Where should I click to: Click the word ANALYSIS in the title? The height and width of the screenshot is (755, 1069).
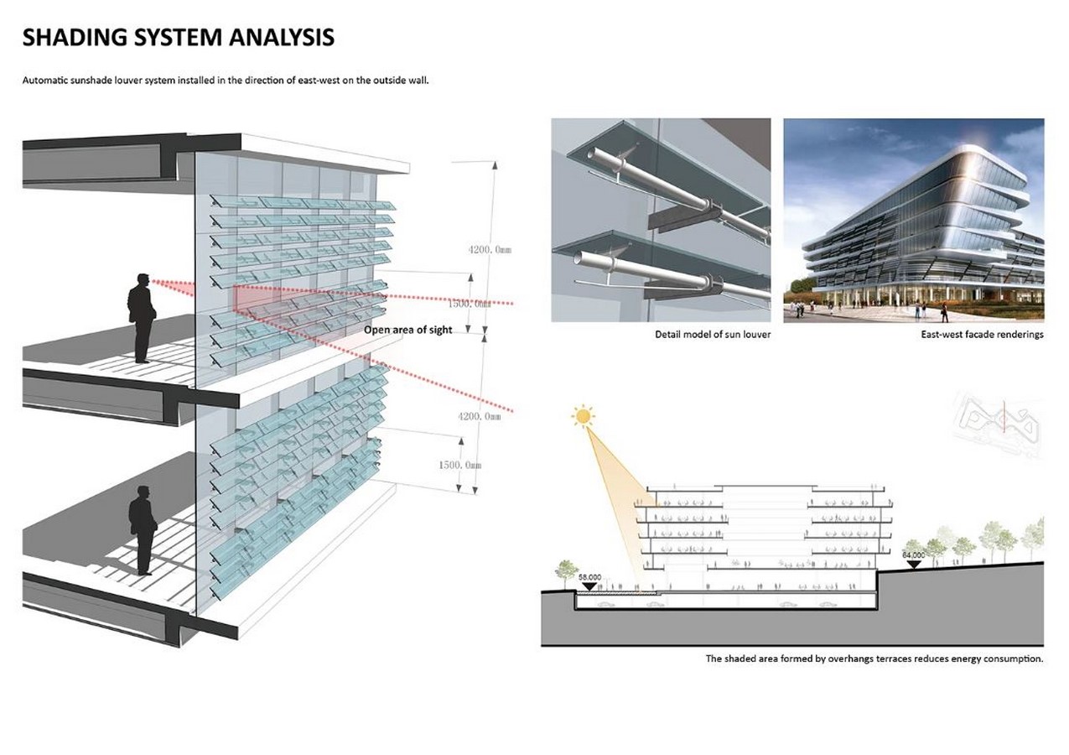(282, 37)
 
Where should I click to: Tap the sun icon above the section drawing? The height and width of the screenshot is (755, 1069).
(583, 416)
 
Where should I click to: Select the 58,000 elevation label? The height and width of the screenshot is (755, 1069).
(590, 577)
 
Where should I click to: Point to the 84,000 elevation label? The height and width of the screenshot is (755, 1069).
(913, 555)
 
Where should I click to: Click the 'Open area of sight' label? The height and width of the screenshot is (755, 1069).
(408, 330)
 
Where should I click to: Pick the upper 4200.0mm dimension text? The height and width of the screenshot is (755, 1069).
(490, 249)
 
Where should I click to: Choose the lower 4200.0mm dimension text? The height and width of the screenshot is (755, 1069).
(479, 416)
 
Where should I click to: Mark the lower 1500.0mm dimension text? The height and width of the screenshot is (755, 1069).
(460, 465)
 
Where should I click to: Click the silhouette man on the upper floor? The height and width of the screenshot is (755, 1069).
(141, 318)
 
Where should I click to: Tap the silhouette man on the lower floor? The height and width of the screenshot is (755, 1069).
(143, 530)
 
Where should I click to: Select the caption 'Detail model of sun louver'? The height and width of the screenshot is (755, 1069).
(713, 334)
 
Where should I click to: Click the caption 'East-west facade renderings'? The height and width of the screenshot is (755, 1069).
(982, 334)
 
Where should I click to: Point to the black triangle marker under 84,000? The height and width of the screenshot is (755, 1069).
(913, 564)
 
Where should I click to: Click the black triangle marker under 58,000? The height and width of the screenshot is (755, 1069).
(590, 586)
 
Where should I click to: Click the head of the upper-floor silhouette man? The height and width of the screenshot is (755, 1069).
(143, 279)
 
